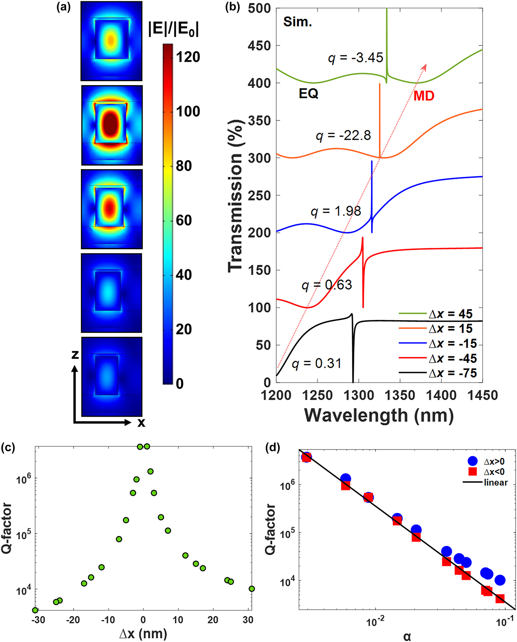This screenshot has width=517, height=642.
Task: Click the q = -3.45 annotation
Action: [355, 57]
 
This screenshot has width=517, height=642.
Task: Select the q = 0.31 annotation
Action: [317, 363]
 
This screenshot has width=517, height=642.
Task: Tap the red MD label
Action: [424, 96]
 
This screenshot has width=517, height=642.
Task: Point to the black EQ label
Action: [308, 94]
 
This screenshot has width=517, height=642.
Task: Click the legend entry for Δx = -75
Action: [452, 373]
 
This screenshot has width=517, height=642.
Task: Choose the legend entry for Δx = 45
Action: [450, 314]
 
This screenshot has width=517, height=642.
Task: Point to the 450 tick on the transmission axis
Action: [259, 46]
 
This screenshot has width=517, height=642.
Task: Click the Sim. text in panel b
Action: [297, 22]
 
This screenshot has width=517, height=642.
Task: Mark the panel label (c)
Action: [8, 448]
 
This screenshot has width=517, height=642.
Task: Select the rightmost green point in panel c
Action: [252, 589]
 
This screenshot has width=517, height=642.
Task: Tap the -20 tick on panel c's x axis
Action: [73, 620]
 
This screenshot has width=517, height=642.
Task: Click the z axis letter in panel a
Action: [75, 354]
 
